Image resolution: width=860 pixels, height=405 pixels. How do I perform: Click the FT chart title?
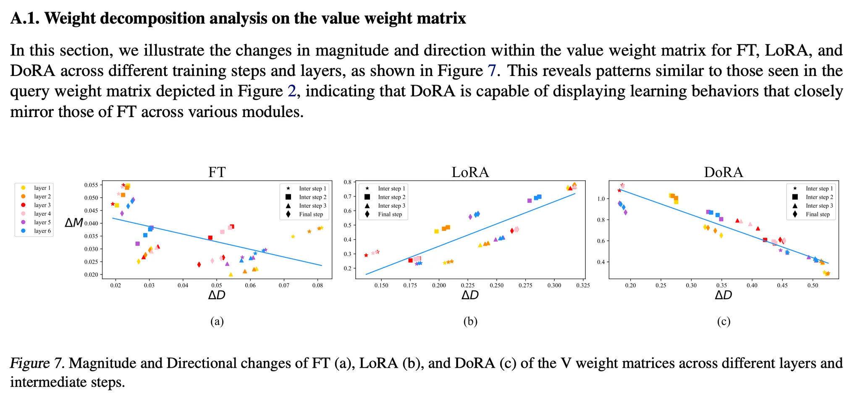click(217, 172)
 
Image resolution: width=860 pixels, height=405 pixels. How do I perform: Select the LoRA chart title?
click(470, 172)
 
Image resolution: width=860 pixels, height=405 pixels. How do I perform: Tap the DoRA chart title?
click(723, 172)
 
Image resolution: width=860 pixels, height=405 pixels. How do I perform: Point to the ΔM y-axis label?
click(74, 223)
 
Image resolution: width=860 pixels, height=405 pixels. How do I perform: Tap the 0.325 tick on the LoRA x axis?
click(582, 285)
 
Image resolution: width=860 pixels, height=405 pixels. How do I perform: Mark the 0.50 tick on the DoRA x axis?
click(813, 285)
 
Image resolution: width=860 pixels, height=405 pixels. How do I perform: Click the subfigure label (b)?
click(470, 322)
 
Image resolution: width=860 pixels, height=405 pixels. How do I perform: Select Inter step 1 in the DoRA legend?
click(819, 188)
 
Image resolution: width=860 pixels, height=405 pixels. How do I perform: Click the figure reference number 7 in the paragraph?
click(491, 71)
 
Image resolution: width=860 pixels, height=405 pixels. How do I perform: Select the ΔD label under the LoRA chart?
click(470, 295)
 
